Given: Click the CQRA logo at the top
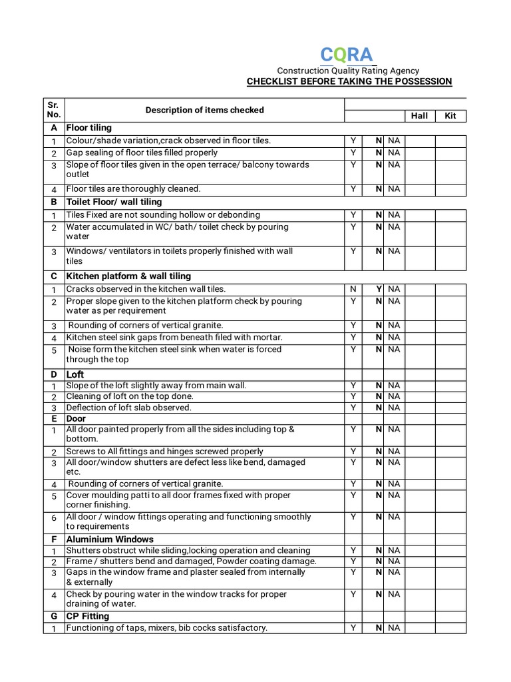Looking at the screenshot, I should (x=346, y=55).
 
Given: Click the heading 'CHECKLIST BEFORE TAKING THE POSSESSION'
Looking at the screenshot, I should (x=349, y=81).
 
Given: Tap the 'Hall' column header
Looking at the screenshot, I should (x=419, y=116).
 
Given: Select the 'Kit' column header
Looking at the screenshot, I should (x=450, y=116).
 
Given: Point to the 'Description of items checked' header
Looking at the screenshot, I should (x=204, y=110).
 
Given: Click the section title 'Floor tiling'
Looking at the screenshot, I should (x=89, y=128).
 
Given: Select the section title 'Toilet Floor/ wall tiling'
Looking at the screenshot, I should (x=114, y=202).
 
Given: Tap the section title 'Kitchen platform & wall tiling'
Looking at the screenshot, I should (x=128, y=276).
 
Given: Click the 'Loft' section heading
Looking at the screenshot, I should (x=75, y=375).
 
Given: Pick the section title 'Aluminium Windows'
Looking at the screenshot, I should (x=110, y=539).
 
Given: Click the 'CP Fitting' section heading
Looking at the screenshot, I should (x=87, y=617).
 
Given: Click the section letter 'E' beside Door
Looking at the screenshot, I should (x=53, y=418).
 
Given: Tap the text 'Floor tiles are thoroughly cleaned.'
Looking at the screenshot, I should (x=133, y=189).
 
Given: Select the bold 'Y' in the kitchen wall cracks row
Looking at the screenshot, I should (x=379, y=289).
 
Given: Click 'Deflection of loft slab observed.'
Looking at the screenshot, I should (x=128, y=408).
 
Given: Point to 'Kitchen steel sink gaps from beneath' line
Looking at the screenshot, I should (x=174, y=338).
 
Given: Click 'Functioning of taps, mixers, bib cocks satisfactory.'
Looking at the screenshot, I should (x=166, y=628).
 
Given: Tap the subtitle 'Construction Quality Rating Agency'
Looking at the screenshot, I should (x=348, y=71).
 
